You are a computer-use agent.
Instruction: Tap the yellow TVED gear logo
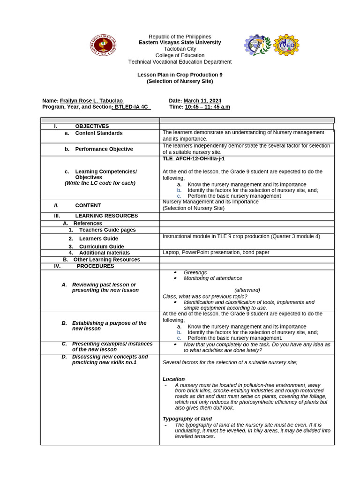pyautogui.click(x=286, y=45)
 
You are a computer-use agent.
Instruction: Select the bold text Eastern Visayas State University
pyautogui.click(x=180, y=43)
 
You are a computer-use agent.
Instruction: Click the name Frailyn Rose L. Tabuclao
pyautogui.click(x=92, y=101)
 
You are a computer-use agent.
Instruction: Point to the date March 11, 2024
pyautogui.click(x=202, y=101)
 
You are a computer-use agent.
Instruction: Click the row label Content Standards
pyautogui.click(x=99, y=133)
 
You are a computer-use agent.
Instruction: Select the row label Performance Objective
pyautogui.click(x=104, y=149)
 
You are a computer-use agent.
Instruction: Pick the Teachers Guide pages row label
pyautogui.click(x=107, y=230)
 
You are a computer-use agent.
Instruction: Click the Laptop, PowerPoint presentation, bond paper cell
pyautogui.click(x=216, y=253)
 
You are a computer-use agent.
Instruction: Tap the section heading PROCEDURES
pyautogui.click(x=95, y=266)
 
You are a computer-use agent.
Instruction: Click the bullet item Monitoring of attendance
pyautogui.click(x=213, y=278)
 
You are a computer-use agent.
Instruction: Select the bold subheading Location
pyautogui.click(x=173, y=379)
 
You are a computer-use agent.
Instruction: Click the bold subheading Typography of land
pyautogui.click(x=187, y=419)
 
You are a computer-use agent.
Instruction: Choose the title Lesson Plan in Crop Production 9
pyautogui.click(x=180, y=75)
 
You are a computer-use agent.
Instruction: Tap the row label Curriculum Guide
pyautogui.click(x=101, y=247)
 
